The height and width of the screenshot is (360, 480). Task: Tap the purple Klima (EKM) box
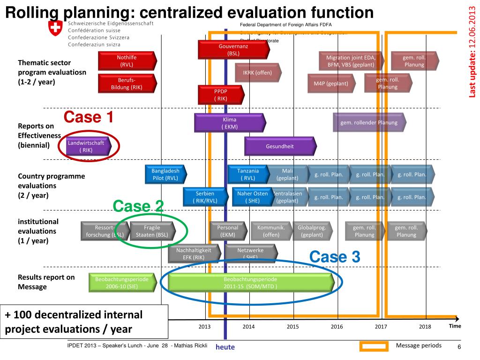(x=230, y=123)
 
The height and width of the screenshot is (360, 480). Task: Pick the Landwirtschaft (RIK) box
(x=86, y=146)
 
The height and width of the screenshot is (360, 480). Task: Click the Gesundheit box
(x=279, y=146)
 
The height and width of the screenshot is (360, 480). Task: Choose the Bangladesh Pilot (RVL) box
(x=165, y=174)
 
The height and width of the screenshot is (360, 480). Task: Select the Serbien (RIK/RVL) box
(x=204, y=197)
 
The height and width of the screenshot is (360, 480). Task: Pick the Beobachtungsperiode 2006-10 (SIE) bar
(x=121, y=283)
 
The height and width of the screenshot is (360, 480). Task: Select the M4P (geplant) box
(x=331, y=84)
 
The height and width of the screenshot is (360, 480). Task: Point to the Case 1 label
(x=89, y=116)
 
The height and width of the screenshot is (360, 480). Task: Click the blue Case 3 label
(x=335, y=256)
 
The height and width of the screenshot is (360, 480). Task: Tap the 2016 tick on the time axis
(x=337, y=327)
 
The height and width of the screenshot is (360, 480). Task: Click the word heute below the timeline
(x=225, y=347)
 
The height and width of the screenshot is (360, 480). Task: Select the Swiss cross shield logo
(x=55, y=29)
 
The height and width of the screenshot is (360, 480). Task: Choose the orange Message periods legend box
(x=374, y=346)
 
